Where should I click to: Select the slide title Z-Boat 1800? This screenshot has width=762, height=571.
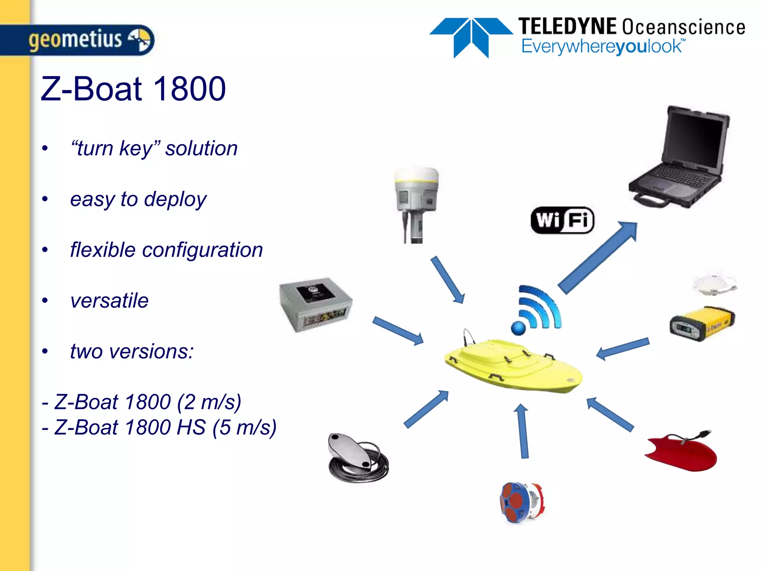(133, 89)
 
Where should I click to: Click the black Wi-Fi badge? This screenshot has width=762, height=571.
(562, 220)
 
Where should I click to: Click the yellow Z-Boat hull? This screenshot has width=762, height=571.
(513, 366)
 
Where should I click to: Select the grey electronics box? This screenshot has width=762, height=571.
(316, 304)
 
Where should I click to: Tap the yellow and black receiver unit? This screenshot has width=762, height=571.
(702, 323)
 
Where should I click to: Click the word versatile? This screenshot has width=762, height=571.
(109, 300)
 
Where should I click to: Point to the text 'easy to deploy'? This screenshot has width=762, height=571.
(138, 199)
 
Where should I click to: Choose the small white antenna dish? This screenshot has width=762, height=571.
(714, 284)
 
